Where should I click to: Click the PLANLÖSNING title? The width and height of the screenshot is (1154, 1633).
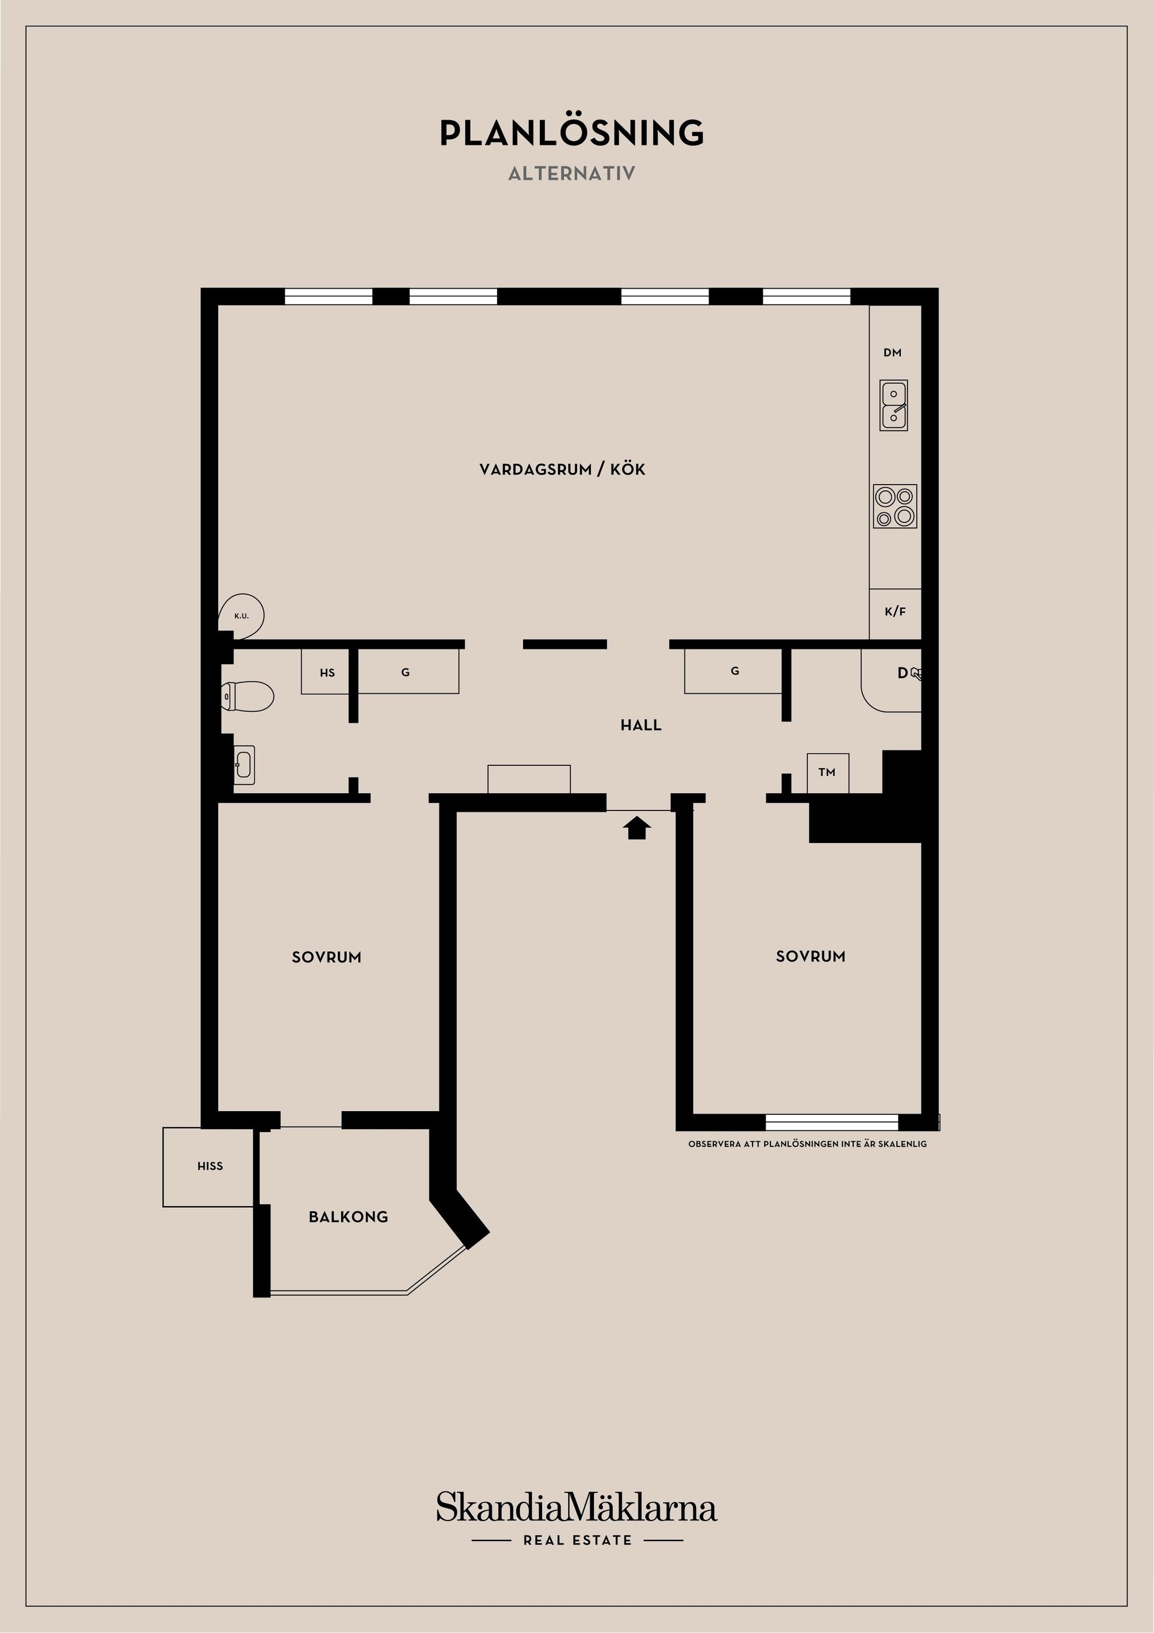572,133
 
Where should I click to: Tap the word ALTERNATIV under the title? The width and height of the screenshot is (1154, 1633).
572,174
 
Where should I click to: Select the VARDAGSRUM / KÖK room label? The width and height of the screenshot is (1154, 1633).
562,470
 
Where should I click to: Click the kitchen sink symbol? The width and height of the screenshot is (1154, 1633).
894,405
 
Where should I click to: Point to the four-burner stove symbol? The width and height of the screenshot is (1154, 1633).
894,506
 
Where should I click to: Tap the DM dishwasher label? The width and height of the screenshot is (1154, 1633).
893,353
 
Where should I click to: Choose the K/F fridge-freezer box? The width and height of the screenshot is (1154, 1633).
895,611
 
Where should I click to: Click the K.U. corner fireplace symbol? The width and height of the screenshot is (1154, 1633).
242,615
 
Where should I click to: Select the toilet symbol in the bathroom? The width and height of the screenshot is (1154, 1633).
248,696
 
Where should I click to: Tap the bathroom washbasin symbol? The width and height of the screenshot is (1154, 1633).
243,765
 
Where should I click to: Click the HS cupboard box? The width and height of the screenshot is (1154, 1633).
327,672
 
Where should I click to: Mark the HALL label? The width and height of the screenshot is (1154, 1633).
641,726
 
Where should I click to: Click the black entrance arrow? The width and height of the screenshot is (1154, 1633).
637,828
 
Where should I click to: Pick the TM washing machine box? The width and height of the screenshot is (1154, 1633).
827,773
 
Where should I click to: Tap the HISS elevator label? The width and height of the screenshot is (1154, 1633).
210,1166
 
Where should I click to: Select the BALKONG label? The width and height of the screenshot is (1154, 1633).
349,1217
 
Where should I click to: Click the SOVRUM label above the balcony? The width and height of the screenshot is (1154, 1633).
326,957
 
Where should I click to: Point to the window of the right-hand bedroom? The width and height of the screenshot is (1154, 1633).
831,1121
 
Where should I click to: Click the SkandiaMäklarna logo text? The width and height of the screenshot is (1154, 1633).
576,1508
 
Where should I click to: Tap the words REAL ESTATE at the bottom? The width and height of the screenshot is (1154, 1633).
578,1540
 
